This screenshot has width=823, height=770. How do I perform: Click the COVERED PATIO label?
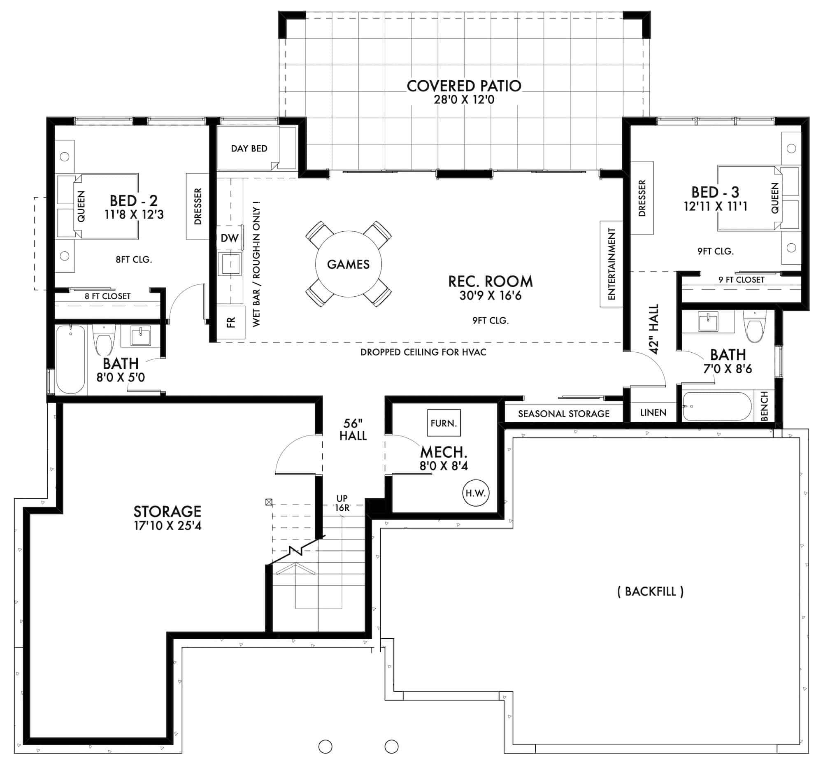point(464,86)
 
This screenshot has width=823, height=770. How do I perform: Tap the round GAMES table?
point(348,264)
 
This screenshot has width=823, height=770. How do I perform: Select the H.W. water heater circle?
point(475,493)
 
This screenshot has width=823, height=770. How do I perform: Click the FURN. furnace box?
point(443,423)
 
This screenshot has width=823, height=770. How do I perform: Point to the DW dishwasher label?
point(229,238)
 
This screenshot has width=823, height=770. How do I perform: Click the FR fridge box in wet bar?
point(230,322)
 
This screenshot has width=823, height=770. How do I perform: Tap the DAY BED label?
point(249,149)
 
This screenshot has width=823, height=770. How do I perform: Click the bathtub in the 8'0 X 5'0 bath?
point(71,359)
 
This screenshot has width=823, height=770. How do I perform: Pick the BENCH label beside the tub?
point(764,406)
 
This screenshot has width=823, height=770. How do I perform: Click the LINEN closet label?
point(653,412)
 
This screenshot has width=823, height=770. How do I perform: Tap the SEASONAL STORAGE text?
point(563,414)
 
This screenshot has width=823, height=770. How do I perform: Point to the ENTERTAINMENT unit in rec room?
point(611,264)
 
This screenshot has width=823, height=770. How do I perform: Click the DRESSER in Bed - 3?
point(642,198)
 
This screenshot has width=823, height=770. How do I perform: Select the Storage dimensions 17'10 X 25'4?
point(167,526)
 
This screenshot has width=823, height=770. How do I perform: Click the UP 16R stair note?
point(342,503)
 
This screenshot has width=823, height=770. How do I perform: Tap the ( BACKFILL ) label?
point(650,591)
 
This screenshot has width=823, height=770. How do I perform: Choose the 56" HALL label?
point(353,429)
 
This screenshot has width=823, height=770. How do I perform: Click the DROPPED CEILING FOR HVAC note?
point(423,352)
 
